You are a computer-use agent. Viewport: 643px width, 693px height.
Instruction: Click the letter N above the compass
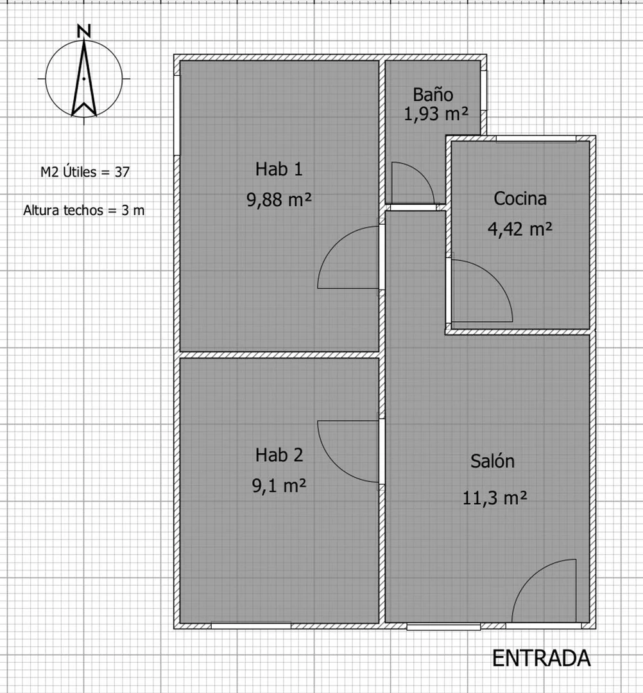coord(83,31)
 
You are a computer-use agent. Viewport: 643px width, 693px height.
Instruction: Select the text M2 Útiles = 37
coord(85,171)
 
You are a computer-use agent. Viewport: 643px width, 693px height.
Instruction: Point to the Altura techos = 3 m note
coord(84,210)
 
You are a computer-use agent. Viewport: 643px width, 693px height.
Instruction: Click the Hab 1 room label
coord(279,169)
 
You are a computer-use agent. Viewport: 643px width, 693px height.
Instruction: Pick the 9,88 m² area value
coord(279,200)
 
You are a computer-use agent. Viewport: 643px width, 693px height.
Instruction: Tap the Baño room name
coord(433,94)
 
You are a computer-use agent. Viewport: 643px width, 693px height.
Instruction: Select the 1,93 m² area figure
coord(436,114)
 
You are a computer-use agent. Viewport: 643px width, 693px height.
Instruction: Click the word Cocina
coord(520,198)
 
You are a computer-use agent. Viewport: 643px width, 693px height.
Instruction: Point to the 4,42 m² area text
coord(520,229)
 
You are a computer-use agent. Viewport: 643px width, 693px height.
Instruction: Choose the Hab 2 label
coord(279,455)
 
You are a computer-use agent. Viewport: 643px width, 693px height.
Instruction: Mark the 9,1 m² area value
coord(279,486)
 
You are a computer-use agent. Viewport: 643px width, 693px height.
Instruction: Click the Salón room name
coord(492,461)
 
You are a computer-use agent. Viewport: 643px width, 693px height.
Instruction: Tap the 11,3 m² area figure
coord(495,498)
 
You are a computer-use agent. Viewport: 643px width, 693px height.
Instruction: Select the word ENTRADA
coord(541,658)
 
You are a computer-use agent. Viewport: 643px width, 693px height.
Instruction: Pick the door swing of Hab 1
coord(336,245)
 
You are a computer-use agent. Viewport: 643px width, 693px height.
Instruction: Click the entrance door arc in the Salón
coord(530,577)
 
